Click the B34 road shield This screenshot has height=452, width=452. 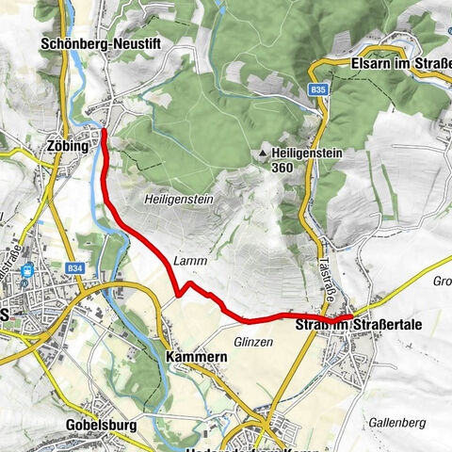pyautogui.click(x=75, y=268)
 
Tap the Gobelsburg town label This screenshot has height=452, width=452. pyautogui.click(x=102, y=425)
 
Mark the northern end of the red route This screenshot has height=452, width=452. pyautogui.click(x=103, y=131)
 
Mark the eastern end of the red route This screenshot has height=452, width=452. pyautogui.click(x=350, y=317)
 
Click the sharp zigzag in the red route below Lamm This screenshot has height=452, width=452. pyautogui.click(x=177, y=295)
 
